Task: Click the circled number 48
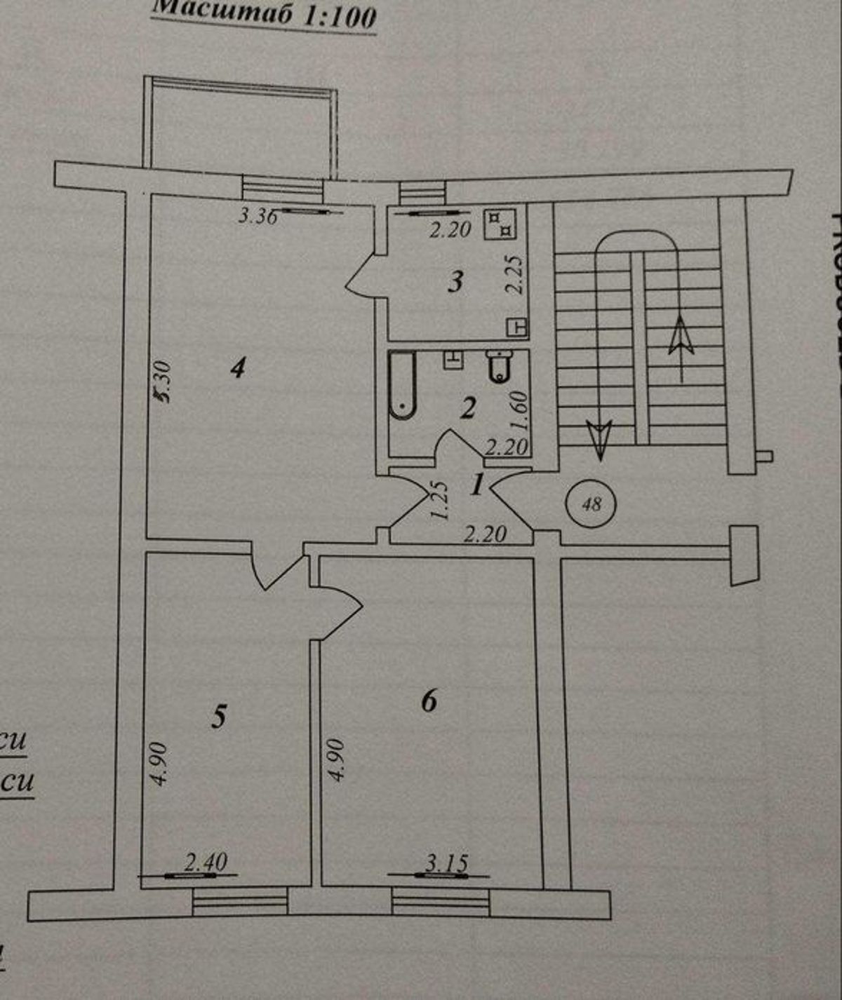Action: [592, 504]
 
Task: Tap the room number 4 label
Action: [239, 367]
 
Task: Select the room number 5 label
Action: [220, 716]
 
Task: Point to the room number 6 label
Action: [429, 699]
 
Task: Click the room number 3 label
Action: [456, 282]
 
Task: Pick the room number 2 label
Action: [468, 407]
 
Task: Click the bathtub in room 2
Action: [403, 385]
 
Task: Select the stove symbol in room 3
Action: [500, 222]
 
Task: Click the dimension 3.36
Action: [258, 215]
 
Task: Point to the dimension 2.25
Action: [516, 273]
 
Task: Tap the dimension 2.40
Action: [206, 862]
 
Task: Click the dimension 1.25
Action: [440, 500]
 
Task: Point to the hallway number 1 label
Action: [478, 484]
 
